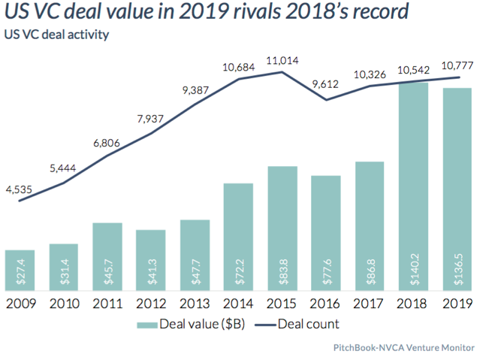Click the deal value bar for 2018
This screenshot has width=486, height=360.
tap(413, 188)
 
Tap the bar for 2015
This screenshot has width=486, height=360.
tap(282, 229)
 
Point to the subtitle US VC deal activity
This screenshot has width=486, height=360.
tap(57, 35)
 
